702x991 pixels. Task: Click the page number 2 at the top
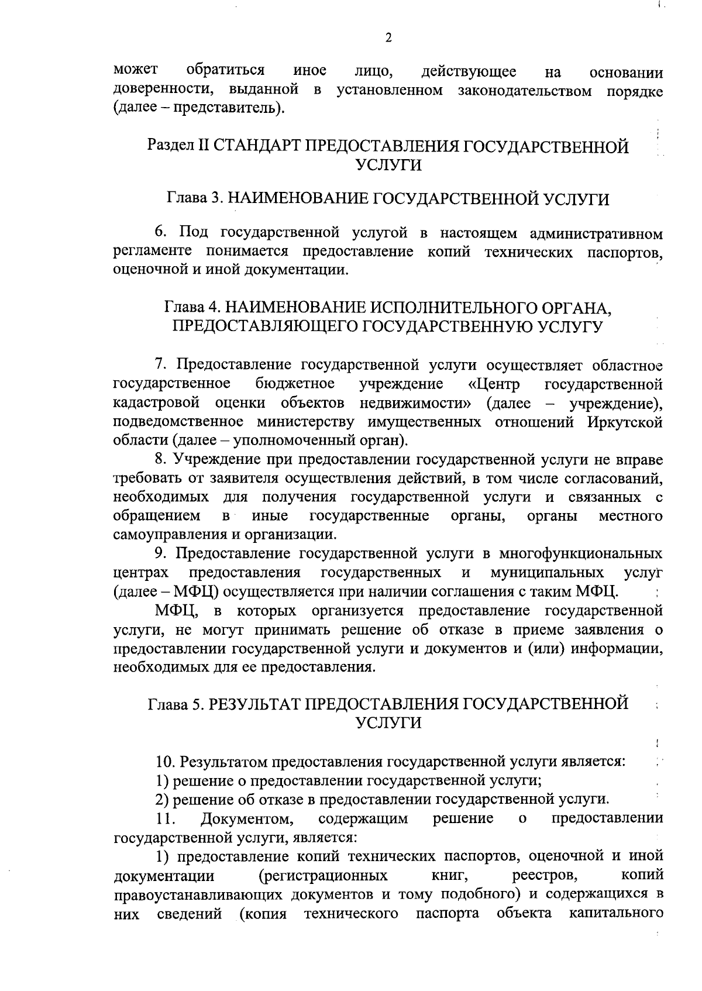point(388,38)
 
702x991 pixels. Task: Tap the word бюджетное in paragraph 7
point(295,384)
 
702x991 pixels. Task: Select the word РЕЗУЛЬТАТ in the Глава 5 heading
point(254,704)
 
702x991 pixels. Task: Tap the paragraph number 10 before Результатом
point(166,762)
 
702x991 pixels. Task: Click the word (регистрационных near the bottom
point(322,876)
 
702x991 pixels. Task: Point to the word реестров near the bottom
point(542,876)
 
